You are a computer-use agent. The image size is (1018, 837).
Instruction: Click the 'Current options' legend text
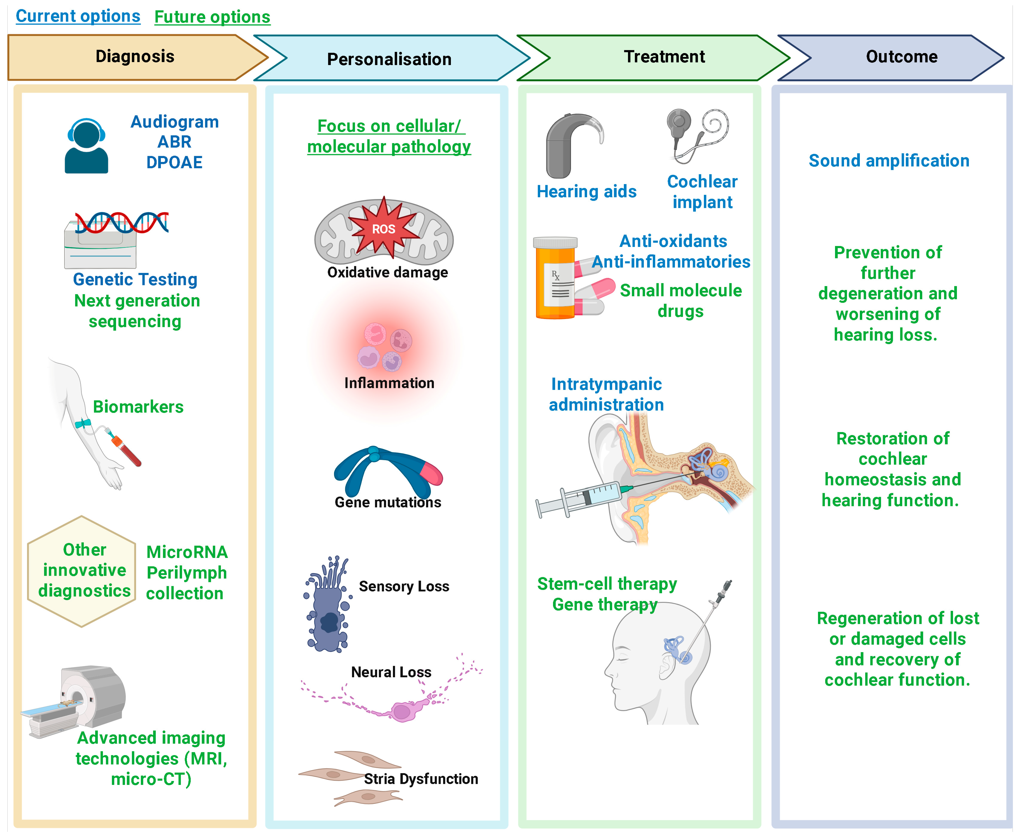(78, 16)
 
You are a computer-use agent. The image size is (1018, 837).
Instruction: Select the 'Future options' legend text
(212, 17)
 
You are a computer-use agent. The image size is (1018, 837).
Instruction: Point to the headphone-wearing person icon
(86, 146)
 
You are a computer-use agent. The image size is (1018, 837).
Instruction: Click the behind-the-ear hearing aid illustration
(569, 145)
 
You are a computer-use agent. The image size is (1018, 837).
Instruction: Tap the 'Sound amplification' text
(889, 160)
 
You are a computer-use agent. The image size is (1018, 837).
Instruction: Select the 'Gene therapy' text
(605, 605)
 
